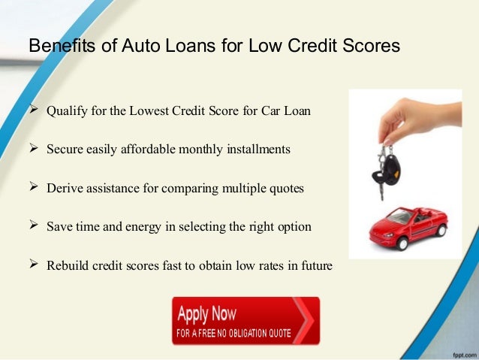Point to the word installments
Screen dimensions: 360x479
pos(253,150)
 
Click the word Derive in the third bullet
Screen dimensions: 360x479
pos(64,188)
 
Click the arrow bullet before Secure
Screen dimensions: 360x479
pos(33,149)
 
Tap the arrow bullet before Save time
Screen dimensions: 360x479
pos(33,225)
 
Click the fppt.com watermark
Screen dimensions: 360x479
pos(459,352)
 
